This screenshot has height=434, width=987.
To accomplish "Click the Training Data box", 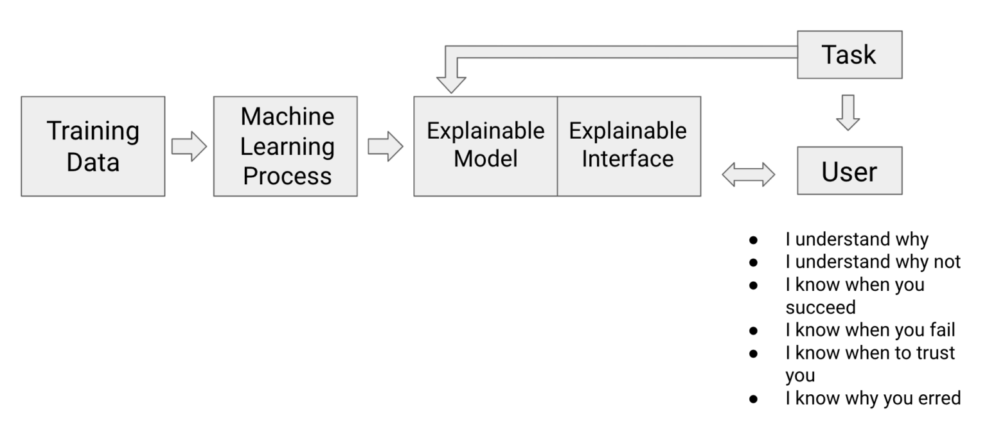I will click(x=93, y=146).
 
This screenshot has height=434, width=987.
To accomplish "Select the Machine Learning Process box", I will click(x=285, y=146).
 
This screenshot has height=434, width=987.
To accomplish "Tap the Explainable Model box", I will click(x=485, y=146).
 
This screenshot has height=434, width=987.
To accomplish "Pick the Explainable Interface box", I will click(x=628, y=146).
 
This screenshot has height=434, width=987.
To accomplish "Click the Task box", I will click(x=849, y=55).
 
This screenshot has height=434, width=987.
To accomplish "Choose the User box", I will click(x=849, y=171).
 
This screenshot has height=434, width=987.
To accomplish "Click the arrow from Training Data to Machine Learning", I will click(x=189, y=146).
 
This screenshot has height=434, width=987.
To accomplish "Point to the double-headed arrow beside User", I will click(x=749, y=173).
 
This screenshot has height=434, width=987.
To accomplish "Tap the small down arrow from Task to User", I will click(x=848, y=112).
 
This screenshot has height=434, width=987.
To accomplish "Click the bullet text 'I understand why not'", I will click(x=873, y=261).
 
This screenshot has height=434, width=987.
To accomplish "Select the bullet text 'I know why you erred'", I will click(x=873, y=398).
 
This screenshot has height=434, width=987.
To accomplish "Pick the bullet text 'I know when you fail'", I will click(x=870, y=330).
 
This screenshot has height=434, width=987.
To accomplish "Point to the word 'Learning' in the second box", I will click(x=287, y=146).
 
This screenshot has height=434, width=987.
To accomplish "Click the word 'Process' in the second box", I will click(x=287, y=175).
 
